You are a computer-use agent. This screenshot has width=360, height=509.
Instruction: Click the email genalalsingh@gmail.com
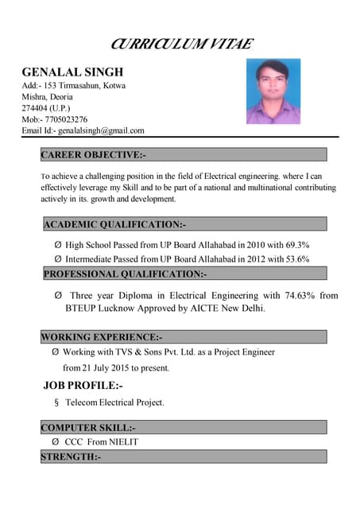click(x=102, y=130)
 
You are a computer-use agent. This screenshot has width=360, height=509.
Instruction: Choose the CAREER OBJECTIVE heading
click(x=93, y=154)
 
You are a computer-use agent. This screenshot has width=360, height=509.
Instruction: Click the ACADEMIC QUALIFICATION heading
click(x=114, y=224)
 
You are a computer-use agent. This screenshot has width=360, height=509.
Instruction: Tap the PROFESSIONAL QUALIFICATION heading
click(x=125, y=274)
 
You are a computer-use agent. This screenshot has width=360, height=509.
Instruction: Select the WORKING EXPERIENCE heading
click(x=102, y=336)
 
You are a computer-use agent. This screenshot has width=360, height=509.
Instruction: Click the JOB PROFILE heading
click(x=83, y=386)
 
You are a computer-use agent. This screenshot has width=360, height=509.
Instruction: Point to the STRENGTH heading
click(x=71, y=457)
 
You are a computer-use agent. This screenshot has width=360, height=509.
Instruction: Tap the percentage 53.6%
click(x=294, y=259)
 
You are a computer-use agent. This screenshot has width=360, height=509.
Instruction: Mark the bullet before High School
click(x=58, y=245)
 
